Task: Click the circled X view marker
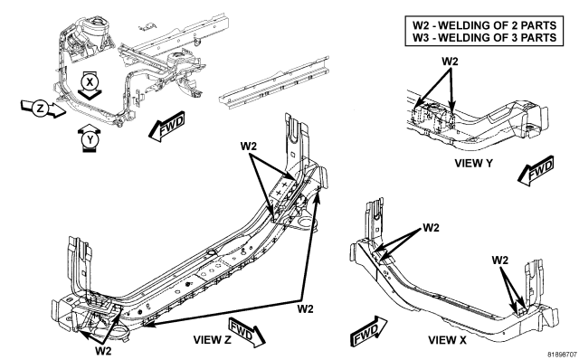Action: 90,82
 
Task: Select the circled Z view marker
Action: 40,109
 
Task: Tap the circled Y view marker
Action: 90,140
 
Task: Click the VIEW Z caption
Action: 212,340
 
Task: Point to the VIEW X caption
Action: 447,340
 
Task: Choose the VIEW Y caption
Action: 473,163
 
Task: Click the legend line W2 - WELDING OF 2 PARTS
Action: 484,25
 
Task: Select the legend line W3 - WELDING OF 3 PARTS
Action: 484,37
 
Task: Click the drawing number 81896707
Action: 562,355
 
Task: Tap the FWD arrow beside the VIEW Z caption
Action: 247,332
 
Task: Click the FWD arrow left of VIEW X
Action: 368,330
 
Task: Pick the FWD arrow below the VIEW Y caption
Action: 536,170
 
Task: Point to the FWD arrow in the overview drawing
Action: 166,127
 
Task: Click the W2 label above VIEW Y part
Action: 450,62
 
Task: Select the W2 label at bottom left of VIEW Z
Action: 103,350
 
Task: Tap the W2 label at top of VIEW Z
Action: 248,147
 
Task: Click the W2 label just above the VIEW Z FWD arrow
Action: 305,308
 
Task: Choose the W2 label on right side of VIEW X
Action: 499,260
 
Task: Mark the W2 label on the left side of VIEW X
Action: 431,227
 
